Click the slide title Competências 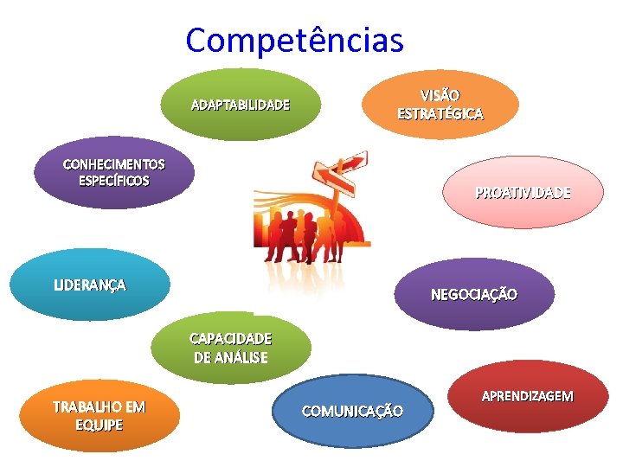pyautogui.click(x=294, y=39)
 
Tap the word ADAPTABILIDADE pyautogui.click(x=240, y=106)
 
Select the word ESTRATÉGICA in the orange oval pyautogui.click(x=440, y=113)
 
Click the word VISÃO pyautogui.click(x=440, y=94)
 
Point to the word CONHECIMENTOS pyautogui.click(x=113, y=164)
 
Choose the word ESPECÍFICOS pyautogui.click(x=113, y=181)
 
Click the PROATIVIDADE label pyautogui.click(x=523, y=193)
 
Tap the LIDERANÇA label pyautogui.click(x=89, y=285)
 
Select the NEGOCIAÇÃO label pyautogui.click(x=474, y=295)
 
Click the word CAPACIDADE pyautogui.click(x=230, y=338)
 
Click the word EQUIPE pyautogui.click(x=99, y=425)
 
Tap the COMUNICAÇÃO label pyautogui.click(x=351, y=411)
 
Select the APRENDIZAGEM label pyautogui.click(x=527, y=396)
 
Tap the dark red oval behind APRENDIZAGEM pyautogui.click(x=527, y=419)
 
